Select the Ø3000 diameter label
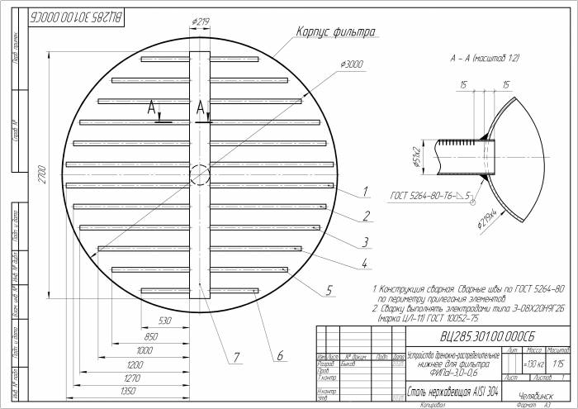352,64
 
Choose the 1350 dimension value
128,391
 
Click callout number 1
363,193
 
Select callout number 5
329,290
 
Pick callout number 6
279,356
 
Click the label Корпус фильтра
336,32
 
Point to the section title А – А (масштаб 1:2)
486,59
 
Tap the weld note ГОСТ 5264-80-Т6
427,196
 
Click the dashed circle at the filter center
200,174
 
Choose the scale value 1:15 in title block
558,364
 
